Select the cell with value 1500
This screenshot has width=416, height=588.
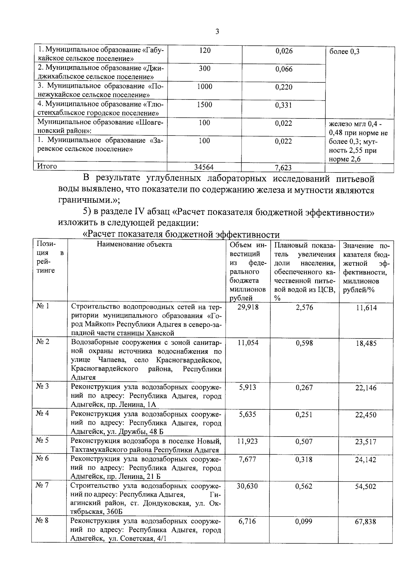coord(205,105)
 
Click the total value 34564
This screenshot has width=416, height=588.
coord(204,167)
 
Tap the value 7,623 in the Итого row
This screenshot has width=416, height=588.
coord(283,168)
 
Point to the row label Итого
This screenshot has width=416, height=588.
coord(47,166)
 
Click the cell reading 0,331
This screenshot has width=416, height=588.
coord(284,105)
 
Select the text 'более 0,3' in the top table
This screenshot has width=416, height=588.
coord(344,52)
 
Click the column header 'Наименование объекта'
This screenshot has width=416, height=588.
coord(134,245)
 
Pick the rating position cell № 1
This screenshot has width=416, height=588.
coord(43,306)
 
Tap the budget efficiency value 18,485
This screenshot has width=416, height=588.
coord(366,343)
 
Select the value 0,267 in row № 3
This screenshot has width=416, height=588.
coord(304,387)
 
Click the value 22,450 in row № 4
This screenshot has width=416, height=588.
coord(366,415)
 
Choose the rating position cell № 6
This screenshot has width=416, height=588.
coord(43,458)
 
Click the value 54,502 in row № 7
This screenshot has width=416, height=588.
coord(365,486)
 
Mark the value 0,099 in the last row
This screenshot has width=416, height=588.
coord(304,521)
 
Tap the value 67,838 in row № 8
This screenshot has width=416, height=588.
coord(365,522)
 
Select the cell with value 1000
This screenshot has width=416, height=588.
coord(205,87)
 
